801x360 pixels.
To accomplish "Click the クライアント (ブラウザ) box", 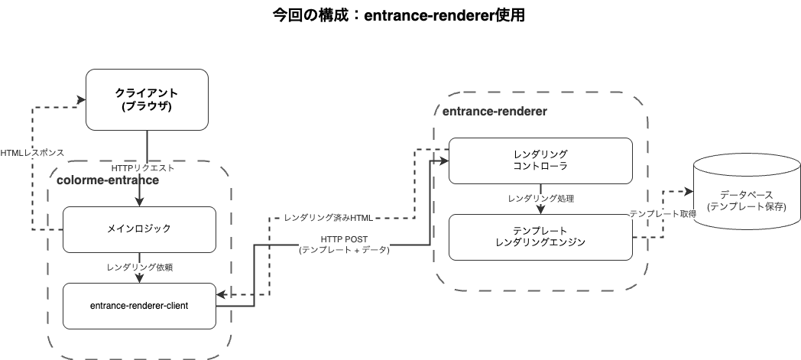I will coord(146,99).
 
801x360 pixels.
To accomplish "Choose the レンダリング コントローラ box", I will coord(540,161).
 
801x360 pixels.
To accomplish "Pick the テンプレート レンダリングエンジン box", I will coord(540,237).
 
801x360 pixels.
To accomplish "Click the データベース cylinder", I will coord(746,202).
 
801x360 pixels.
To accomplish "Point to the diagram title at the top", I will coord(399,15).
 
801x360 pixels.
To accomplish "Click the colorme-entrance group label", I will coord(108,180).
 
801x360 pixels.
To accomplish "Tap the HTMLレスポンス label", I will coord(31,152).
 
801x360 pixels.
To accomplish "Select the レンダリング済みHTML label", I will coord(328,219).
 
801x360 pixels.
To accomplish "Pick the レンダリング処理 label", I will coord(540,199).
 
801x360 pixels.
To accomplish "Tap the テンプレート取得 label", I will coord(662,215).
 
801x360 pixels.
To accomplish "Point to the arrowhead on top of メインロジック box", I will coord(140,202).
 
